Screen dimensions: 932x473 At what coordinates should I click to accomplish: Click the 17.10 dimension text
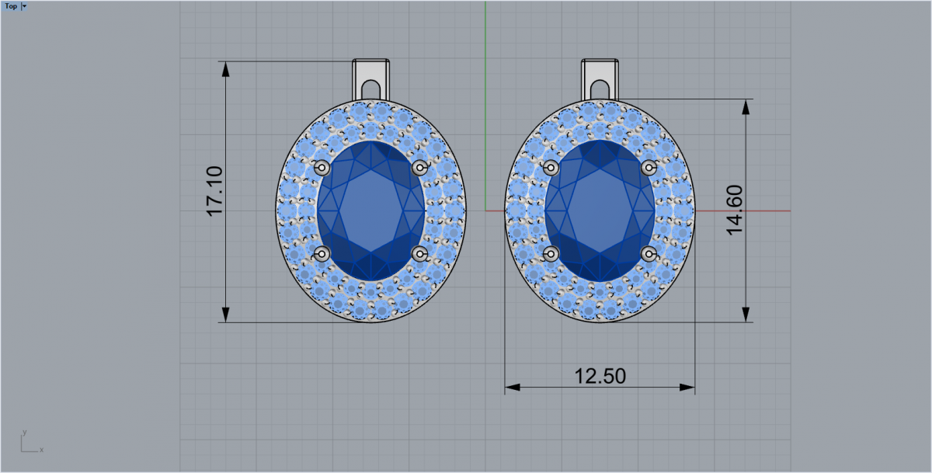(214, 191)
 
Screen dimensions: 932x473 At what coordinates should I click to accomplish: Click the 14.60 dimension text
(735, 210)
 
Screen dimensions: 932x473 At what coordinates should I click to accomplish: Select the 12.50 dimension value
(600, 376)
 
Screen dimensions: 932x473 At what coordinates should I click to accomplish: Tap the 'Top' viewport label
(11, 5)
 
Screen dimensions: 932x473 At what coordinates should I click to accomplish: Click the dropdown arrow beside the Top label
(24, 5)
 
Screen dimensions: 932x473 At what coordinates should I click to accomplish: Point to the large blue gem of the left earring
(370, 210)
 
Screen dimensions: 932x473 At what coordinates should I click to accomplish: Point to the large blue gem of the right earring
(600, 210)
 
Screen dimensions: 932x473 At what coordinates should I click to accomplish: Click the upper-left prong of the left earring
(322, 168)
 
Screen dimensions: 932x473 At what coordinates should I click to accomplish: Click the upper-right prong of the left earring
(420, 168)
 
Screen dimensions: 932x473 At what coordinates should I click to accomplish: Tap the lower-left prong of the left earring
(322, 253)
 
